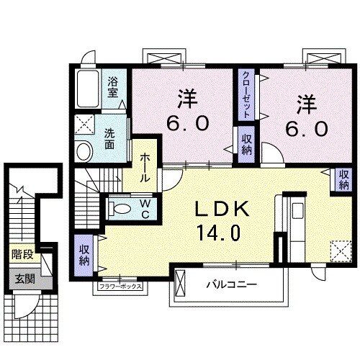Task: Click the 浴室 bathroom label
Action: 114,87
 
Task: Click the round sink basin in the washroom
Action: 84,151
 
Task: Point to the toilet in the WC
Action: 120,210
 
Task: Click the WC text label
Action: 144,209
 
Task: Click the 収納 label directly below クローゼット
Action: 246,143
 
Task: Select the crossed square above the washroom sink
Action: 84,124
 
